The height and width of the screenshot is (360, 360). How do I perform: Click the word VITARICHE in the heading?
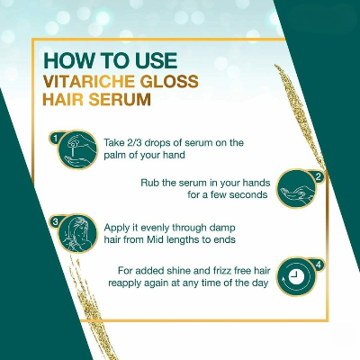pos(89,81)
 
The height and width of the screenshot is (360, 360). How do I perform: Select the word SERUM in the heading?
pos(120,99)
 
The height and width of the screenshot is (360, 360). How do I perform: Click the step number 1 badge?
pos(55,138)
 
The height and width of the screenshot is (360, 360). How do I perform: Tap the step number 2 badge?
pos(319,177)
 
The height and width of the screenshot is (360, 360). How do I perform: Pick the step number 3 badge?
pos(55,222)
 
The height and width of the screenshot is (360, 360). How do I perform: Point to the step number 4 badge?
pos(319,265)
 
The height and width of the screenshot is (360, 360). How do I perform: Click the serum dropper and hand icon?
pos(77,150)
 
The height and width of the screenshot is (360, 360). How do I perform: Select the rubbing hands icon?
pos(296,189)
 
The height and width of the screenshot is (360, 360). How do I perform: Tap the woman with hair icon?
pos(77,233)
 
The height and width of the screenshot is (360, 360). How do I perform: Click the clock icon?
pos(296,276)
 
